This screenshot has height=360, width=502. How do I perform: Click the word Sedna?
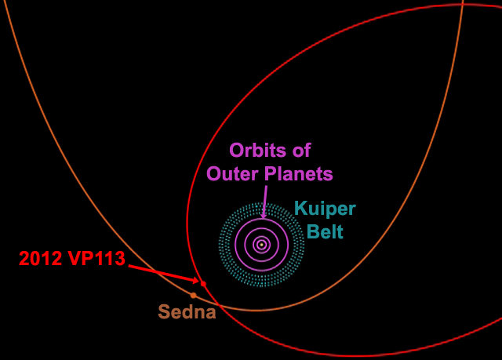pos(187,312)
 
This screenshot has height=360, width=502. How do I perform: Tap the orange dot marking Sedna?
pos(193,295)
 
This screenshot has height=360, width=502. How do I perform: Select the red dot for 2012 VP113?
pos(203,283)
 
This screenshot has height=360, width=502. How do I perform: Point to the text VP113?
pos(100,259)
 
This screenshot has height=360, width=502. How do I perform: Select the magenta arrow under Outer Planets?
pos(264,199)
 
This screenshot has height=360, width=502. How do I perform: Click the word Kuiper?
pos(325,209)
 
